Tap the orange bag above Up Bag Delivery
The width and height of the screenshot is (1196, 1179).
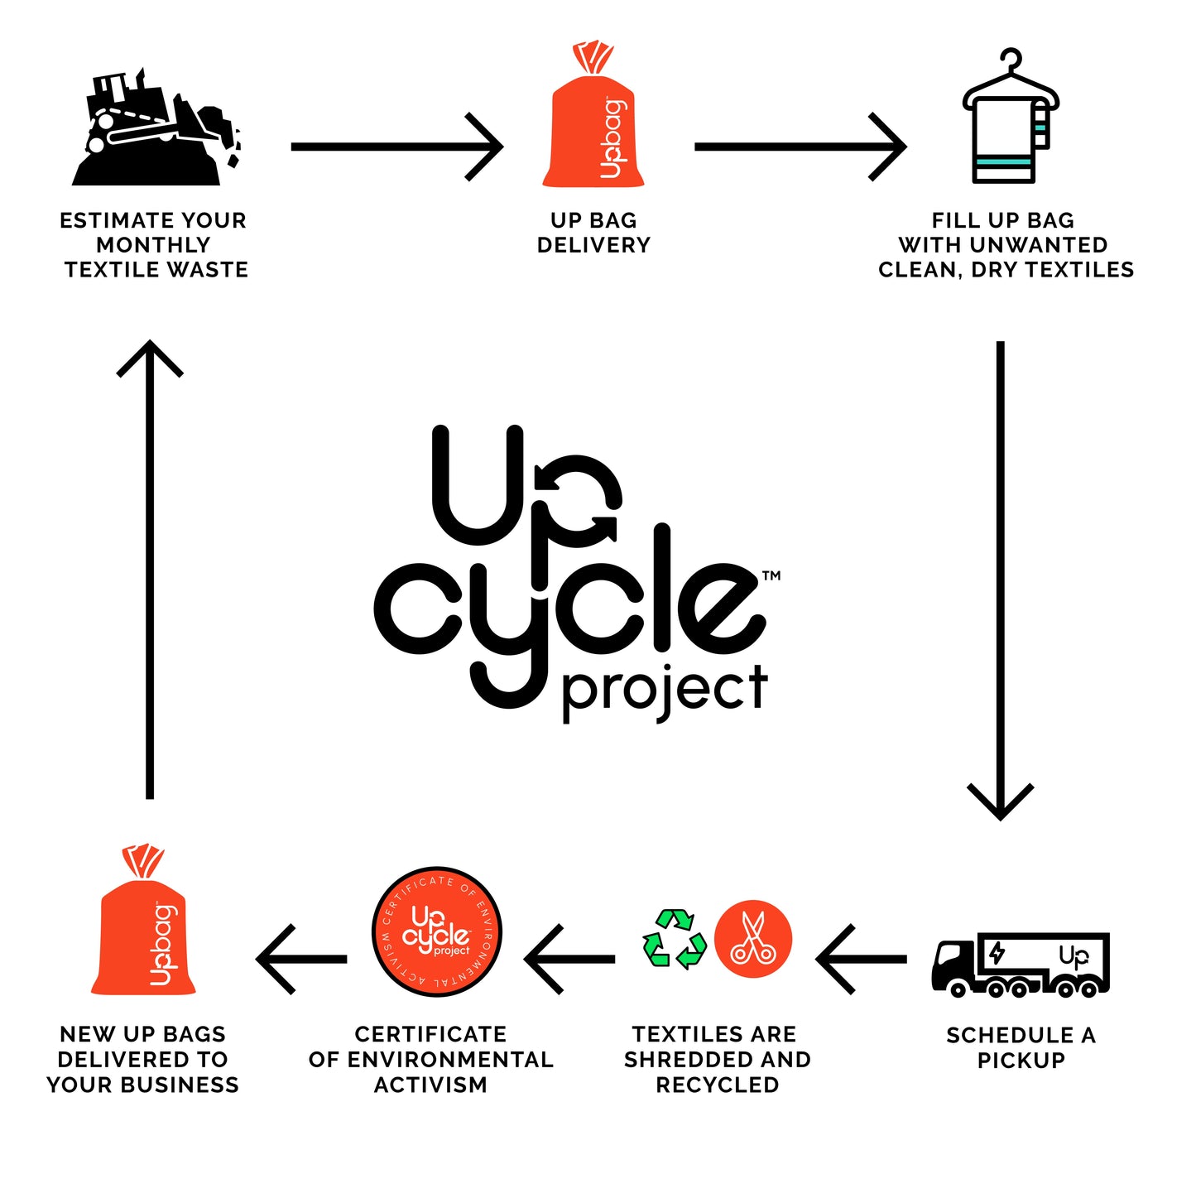(x=593, y=124)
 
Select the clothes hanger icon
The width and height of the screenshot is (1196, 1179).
(x=1010, y=120)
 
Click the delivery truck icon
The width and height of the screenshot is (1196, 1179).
(x=1021, y=965)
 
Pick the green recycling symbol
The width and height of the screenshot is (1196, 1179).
(x=675, y=940)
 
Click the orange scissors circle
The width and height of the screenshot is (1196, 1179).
(x=753, y=939)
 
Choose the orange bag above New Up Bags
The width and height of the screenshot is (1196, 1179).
(x=144, y=931)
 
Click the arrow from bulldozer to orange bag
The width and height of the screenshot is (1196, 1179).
(x=397, y=147)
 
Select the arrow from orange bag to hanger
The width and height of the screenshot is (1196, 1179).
(x=800, y=147)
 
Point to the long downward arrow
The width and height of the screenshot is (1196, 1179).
(x=1000, y=580)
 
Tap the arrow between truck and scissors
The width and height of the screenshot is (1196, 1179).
(x=861, y=960)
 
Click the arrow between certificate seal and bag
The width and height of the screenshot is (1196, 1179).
(x=302, y=960)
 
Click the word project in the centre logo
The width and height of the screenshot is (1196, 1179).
(x=664, y=691)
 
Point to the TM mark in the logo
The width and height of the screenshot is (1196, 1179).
(x=771, y=575)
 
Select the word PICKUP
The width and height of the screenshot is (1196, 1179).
(x=1021, y=1061)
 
